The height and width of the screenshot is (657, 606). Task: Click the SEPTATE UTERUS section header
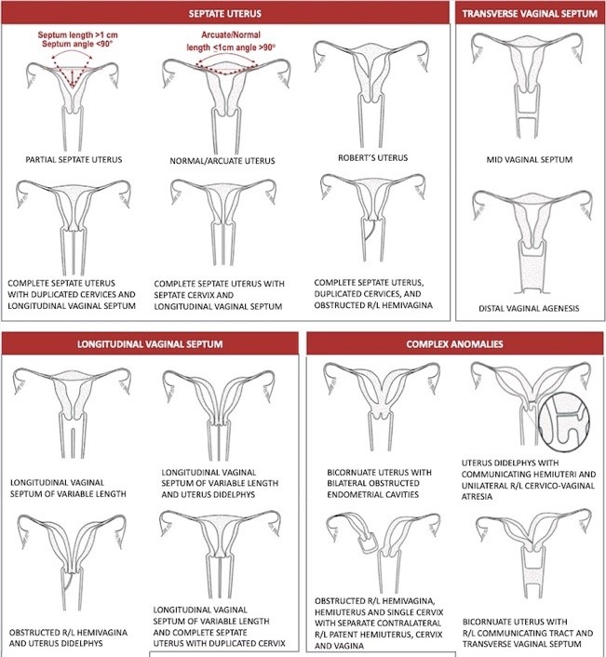point(225,13)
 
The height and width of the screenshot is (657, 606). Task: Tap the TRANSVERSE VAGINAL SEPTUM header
point(530,13)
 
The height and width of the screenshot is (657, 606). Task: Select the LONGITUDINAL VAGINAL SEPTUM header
point(150,344)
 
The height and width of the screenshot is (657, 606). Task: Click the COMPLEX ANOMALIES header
point(454,344)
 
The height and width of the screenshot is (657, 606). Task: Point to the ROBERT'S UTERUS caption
point(373,158)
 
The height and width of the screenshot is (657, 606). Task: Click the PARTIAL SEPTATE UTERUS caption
point(74,160)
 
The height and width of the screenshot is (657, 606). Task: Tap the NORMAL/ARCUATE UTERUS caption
point(222,161)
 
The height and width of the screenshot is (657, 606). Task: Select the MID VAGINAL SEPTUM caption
point(530,160)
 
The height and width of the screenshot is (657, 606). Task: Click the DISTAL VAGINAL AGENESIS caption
point(529,308)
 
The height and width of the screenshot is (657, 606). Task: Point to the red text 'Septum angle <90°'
point(77,44)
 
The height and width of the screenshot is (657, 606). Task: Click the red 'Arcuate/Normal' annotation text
point(231,34)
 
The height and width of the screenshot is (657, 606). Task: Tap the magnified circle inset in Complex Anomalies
point(564,422)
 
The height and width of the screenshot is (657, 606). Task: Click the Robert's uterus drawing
point(371,93)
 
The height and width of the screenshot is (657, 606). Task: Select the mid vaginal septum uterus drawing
point(527,85)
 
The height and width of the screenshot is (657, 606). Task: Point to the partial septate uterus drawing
point(73,106)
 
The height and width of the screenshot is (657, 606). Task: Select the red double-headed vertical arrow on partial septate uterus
point(73,78)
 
